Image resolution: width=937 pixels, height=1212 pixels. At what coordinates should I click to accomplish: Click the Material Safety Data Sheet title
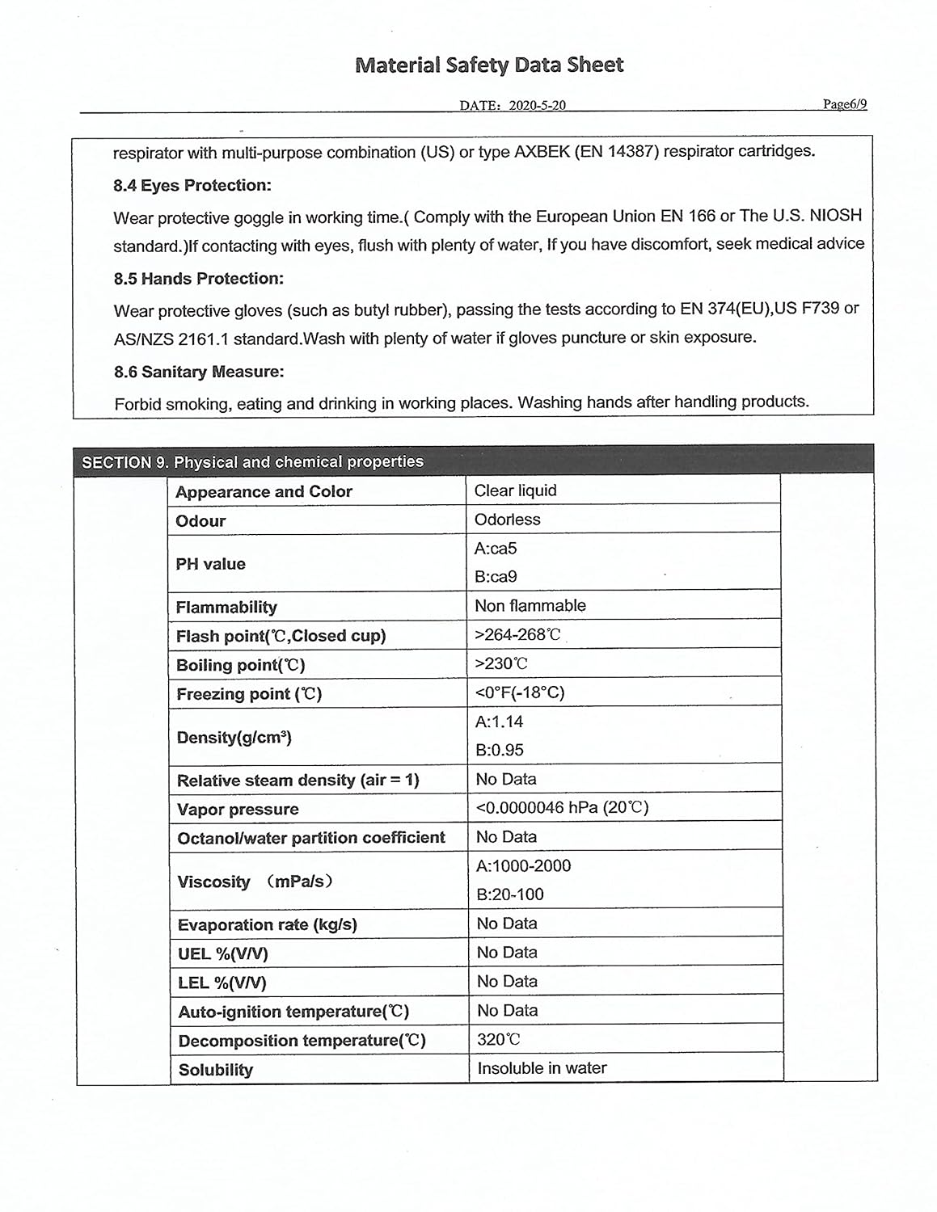tap(489, 65)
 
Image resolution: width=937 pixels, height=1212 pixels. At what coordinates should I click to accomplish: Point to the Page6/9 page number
tap(845, 104)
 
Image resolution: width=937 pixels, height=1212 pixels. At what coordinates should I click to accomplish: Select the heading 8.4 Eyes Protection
tap(192, 186)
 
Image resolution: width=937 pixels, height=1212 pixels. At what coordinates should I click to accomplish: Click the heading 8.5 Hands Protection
tap(199, 279)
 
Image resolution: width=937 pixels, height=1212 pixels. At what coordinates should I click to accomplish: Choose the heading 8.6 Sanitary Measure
tap(199, 372)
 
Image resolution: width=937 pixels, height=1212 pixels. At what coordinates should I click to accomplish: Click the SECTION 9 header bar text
tap(252, 462)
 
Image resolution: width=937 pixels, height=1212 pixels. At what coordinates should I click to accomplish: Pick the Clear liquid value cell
tap(515, 490)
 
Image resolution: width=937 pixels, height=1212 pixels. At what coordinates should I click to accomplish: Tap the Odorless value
tap(507, 520)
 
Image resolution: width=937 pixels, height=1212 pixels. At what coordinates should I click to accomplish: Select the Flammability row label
tap(226, 607)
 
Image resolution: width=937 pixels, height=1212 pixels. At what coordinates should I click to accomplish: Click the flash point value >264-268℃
tap(517, 635)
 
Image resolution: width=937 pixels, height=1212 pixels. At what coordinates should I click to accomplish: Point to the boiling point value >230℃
tap(501, 664)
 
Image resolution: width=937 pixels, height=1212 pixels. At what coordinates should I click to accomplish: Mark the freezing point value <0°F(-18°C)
tap(520, 692)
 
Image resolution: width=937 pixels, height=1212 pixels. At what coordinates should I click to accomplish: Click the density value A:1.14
tap(499, 722)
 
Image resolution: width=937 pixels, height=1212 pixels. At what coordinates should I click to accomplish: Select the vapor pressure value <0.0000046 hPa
tap(562, 807)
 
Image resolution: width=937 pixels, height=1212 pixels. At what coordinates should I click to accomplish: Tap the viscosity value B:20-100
tap(509, 894)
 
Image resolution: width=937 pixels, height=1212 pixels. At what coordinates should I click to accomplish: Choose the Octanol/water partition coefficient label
tap(311, 838)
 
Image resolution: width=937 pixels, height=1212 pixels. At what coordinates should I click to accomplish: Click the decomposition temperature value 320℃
tap(498, 1040)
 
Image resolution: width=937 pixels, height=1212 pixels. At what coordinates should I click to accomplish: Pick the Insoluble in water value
tap(542, 1068)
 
